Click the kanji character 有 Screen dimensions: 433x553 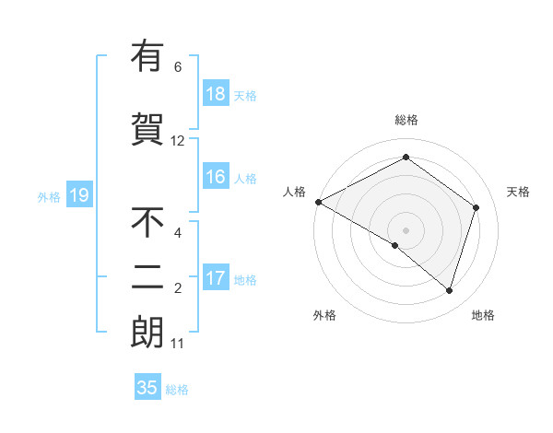147,56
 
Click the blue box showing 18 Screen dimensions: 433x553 216,94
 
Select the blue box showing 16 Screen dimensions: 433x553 216,178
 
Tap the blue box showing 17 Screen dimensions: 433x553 216,279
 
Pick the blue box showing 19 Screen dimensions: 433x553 78,195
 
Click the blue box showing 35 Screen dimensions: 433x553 147,388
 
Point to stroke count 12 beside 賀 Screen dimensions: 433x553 178,141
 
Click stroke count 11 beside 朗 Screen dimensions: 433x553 178,344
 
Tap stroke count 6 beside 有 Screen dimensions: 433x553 178,66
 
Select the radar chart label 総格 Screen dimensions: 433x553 406,120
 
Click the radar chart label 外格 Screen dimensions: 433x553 324,315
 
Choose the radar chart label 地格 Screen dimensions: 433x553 483,315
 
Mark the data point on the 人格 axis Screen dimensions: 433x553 318,202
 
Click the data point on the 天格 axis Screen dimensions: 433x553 477,207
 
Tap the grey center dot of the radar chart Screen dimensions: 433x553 406,229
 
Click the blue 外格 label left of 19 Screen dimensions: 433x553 48,196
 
